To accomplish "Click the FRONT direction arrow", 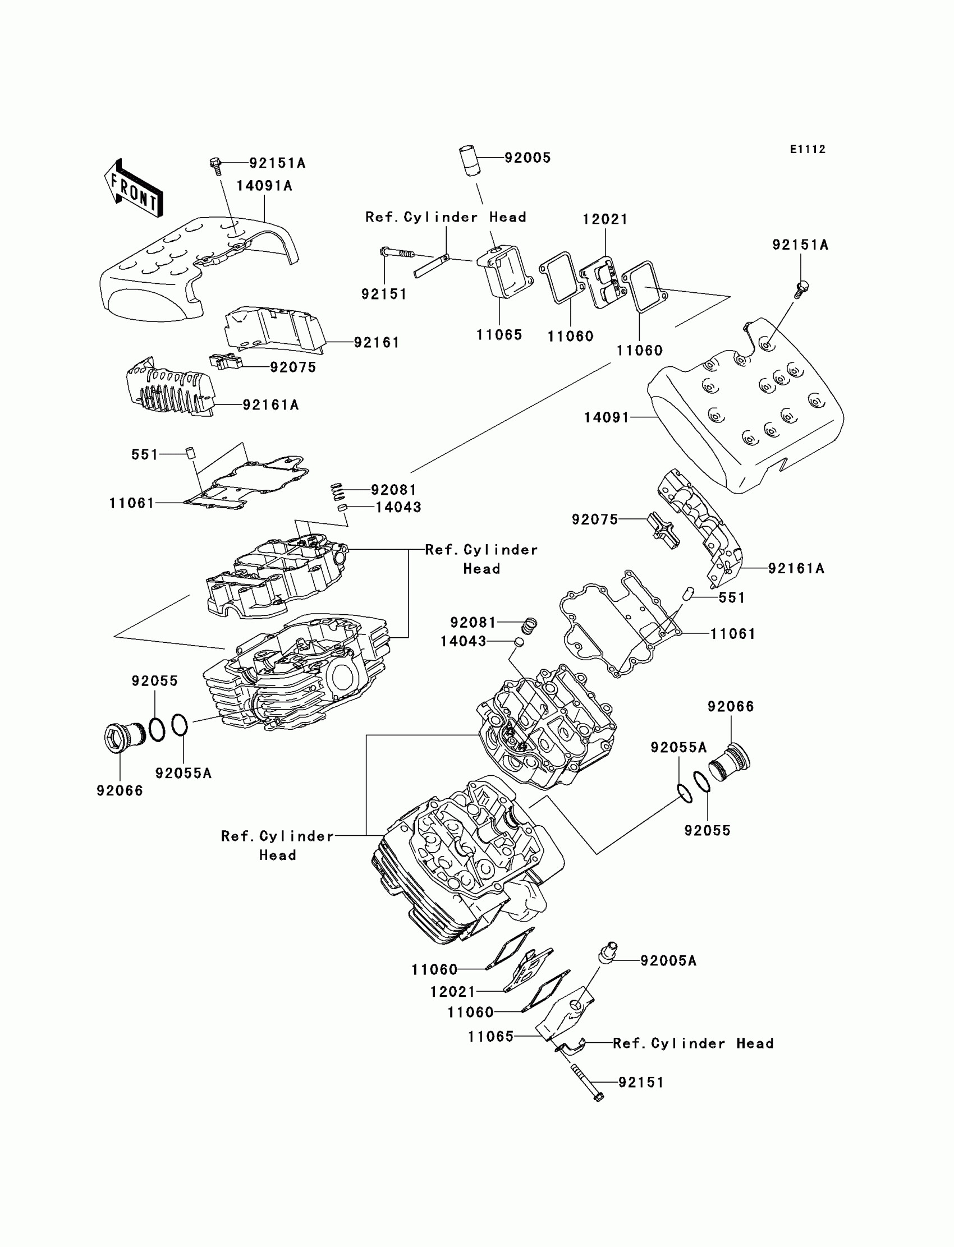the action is pyautogui.click(x=134, y=188).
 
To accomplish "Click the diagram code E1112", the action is pyautogui.click(x=808, y=149).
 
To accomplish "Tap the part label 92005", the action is pyautogui.click(x=528, y=158).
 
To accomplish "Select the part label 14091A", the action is pyautogui.click(x=264, y=186).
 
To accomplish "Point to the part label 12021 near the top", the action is pyautogui.click(x=606, y=219).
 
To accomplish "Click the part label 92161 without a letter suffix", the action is pyautogui.click(x=377, y=342).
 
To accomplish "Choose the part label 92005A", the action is pyautogui.click(x=668, y=960).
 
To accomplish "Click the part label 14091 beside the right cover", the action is pyautogui.click(x=607, y=418).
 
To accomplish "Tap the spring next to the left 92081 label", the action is pyautogui.click(x=337, y=491).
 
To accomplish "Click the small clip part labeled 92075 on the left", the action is pyautogui.click(x=226, y=361).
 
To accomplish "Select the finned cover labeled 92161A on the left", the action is pyautogui.click(x=169, y=388).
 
